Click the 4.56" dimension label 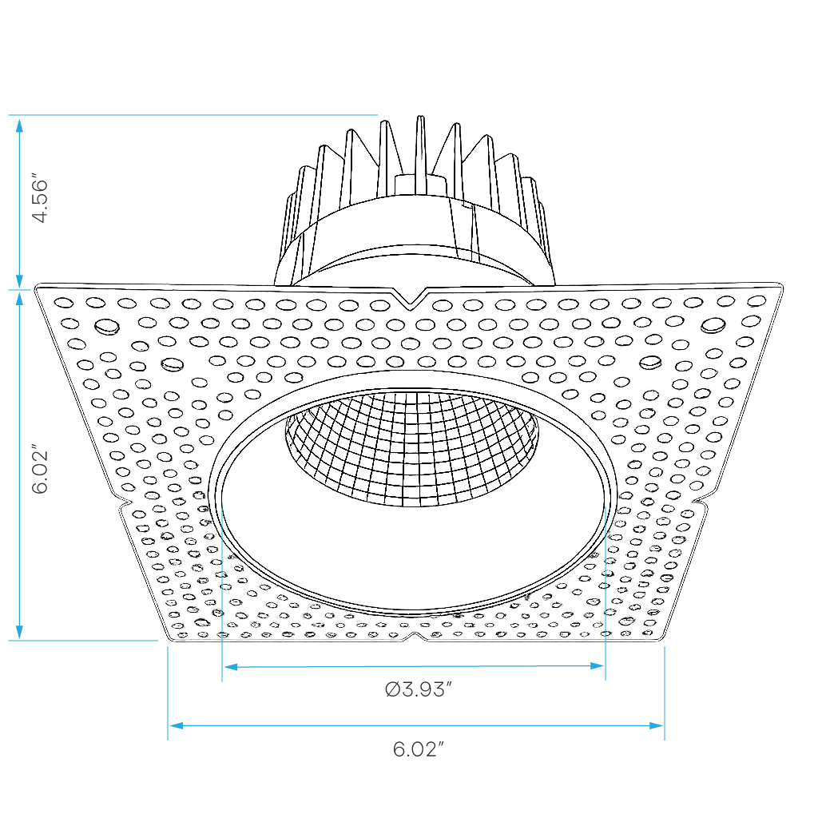40,198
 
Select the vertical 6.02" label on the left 40,468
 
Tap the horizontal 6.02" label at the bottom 419,749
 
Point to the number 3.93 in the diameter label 423,689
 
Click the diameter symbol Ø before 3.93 393,689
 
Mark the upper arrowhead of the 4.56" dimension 19,125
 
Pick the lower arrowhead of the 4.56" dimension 19,280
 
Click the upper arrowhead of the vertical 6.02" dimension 19,300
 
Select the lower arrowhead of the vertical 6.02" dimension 19,631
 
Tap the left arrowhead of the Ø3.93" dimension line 231,667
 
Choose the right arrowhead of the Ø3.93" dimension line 596,665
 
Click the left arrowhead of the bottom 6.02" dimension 177,725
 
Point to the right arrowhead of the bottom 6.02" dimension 655,725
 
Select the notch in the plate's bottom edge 415,635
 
